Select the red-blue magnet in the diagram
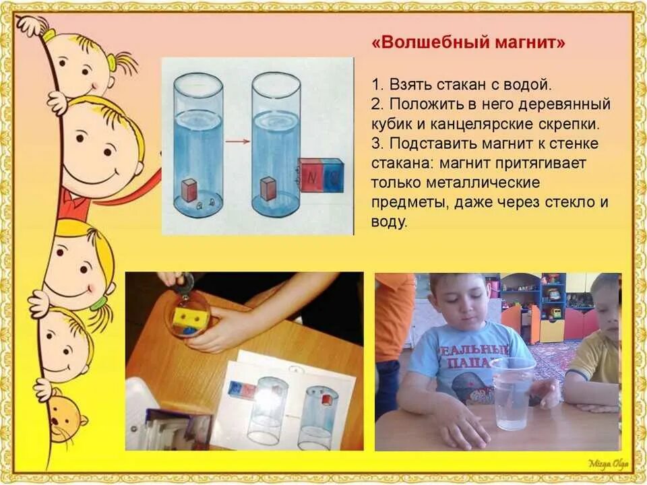[321, 175]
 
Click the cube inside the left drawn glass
[189, 190]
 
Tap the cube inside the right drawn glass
[268, 189]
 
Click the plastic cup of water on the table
[512, 394]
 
